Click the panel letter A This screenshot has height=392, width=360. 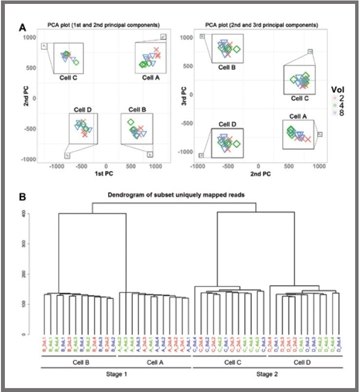tap(22, 28)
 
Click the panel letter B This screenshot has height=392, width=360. tap(22, 198)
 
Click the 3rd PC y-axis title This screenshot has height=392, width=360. tap(183, 97)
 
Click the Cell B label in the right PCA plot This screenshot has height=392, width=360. tap(227, 67)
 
